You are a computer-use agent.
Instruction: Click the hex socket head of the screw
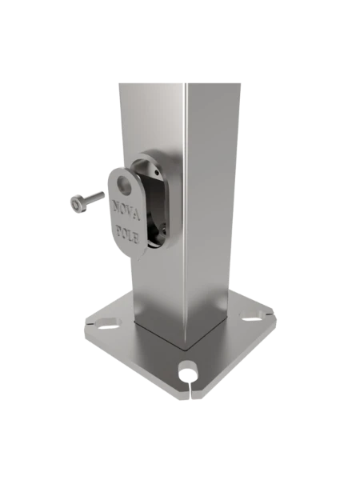[x=75, y=206]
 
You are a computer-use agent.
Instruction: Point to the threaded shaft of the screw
[x=93, y=198]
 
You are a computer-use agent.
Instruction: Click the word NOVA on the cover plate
[x=126, y=213]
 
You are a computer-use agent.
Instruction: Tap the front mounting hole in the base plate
[x=187, y=370]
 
